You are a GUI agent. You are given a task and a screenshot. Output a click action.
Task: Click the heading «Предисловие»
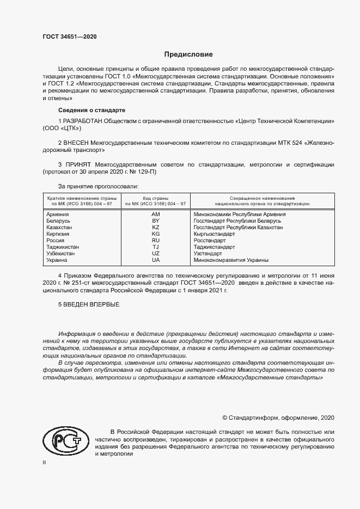(189, 54)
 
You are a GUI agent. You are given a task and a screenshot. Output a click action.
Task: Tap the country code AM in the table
(155, 214)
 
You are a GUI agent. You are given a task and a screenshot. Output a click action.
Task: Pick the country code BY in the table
(155, 221)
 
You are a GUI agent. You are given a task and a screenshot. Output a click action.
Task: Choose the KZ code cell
(155, 228)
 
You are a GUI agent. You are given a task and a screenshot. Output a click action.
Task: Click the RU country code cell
(155, 241)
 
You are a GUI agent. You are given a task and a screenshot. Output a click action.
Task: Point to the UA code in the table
(155, 260)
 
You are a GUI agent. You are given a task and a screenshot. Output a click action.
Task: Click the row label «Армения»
(58, 214)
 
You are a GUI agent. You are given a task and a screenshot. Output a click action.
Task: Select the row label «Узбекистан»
(61, 254)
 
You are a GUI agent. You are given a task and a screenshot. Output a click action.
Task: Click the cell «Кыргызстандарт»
(215, 234)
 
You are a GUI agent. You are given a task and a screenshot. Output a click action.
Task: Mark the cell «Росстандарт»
(210, 241)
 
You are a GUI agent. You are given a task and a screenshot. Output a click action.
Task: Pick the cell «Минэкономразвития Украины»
(231, 260)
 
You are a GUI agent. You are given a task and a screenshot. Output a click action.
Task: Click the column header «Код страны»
(155, 198)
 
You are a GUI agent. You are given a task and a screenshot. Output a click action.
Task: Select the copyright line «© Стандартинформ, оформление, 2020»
(278, 418)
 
